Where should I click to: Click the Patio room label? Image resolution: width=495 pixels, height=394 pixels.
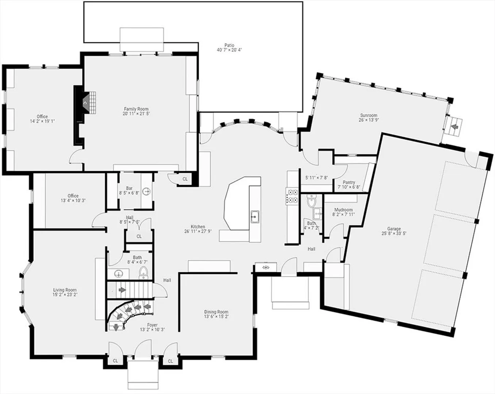(x=229, y=45)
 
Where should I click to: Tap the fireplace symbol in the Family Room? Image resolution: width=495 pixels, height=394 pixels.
(x=85, y=103)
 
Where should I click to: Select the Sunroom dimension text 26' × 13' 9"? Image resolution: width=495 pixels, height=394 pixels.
(x=368, y=120)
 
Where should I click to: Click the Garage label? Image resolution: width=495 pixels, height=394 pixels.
(x=394, y=229)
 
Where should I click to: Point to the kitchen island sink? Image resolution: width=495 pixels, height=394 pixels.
(x=255, y=217)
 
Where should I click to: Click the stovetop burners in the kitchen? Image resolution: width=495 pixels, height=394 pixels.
(x=292, y=196)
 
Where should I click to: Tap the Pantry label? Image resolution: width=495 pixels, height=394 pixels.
(x=349, y=182)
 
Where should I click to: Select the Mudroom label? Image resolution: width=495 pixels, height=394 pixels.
(x=344, y=210)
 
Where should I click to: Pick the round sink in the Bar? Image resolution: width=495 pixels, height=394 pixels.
(x=146, y=191)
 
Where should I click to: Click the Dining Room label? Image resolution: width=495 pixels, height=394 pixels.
(x=216, y=312)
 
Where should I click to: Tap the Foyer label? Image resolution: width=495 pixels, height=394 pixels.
(x=152, y=325)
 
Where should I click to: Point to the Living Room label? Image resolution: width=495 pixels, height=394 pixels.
(x=65, y=290)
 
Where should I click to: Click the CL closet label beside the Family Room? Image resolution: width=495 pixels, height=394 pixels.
(x=185, y=179)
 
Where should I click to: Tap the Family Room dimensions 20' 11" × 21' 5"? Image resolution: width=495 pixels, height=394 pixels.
(x=136, y=113)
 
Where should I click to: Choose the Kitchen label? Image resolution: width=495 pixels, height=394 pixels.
(x=198, y=227)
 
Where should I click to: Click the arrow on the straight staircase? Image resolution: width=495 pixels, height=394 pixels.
(x=122, y=290)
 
